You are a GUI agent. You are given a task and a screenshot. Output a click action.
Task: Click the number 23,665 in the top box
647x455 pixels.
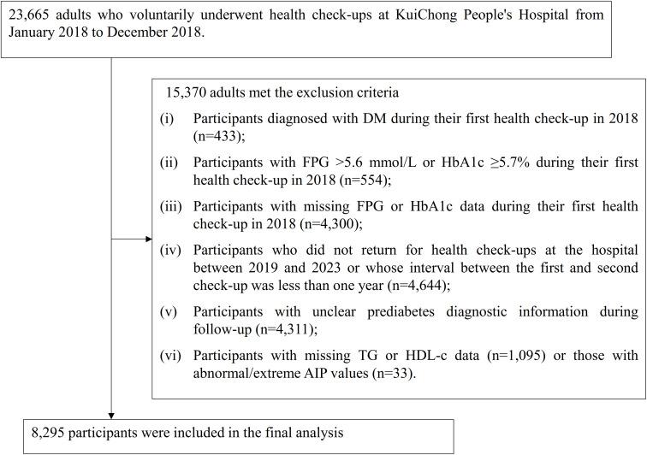(30, 15)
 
